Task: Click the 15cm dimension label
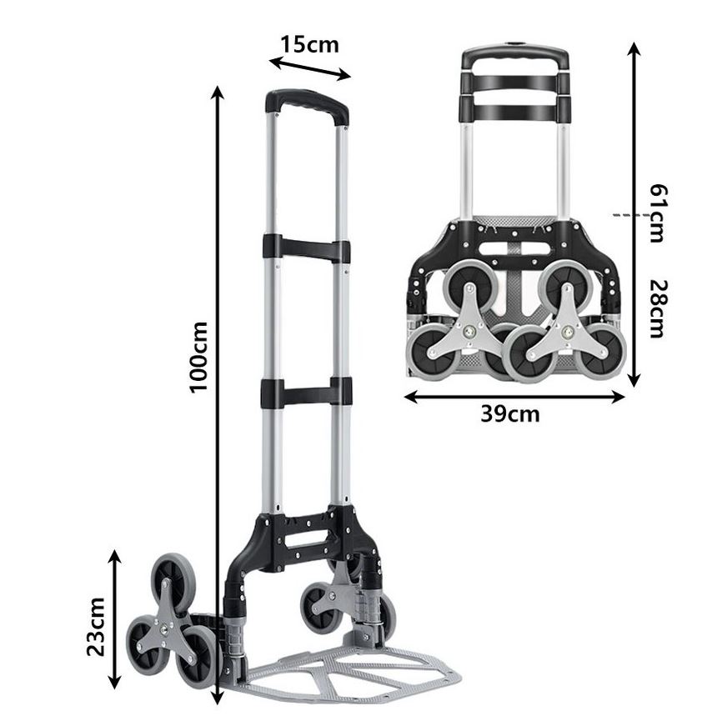click(310, 45)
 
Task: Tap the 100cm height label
click(198, 357)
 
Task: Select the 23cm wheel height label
click(97, 627)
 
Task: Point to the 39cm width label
click(510, 413)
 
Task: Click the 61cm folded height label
click(658, 213)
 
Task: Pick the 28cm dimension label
click(658, 308)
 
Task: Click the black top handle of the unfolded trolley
click(307, 107)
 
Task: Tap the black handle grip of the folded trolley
click(514, 57)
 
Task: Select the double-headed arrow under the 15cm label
click(310, 68)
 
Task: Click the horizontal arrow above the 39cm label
click(514, 397)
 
